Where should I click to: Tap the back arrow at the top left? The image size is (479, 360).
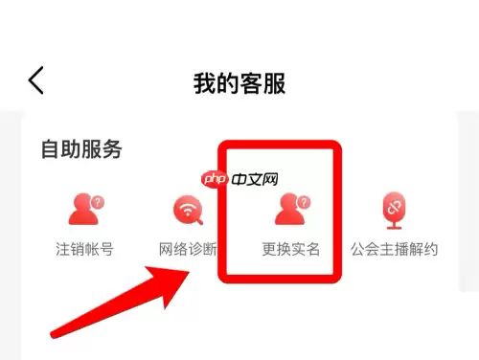point(36,80)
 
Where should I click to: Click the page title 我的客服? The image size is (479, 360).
point(239,82)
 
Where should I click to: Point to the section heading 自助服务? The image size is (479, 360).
point(81,150)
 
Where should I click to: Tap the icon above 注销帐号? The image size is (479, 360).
point(84,209)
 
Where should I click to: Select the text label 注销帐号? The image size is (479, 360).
point(84,250)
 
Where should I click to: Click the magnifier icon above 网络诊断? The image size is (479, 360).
point(187,209)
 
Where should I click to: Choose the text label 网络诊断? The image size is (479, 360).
point(188,250)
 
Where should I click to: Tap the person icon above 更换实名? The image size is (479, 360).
point(290,209)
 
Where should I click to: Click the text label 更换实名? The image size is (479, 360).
point(291,250)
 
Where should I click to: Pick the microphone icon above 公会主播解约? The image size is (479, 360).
point(394,209)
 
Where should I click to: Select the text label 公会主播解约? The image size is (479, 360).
point(394,250)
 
